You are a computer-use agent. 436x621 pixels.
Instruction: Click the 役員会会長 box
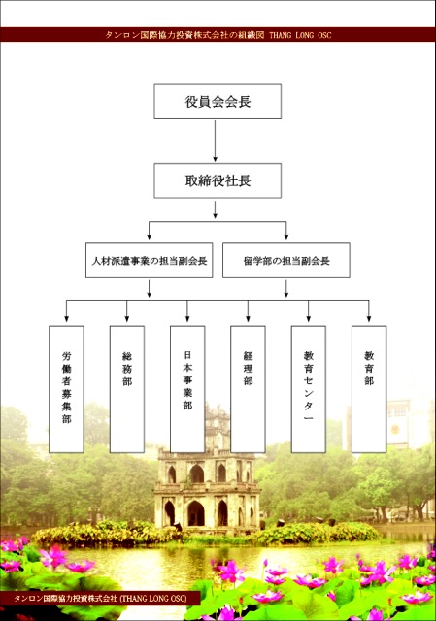(218, 101)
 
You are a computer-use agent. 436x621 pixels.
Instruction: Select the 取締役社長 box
(218, 180)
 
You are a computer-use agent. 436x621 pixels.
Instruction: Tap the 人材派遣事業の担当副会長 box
(149, 260)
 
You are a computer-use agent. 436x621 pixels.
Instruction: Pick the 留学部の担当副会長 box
(286, 260)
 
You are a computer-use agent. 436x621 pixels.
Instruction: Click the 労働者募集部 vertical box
(66, 389)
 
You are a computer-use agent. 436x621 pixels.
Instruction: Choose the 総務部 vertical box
(127, 389)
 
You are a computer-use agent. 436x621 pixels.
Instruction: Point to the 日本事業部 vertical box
(187, 389)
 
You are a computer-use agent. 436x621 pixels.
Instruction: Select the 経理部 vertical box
(248, 389)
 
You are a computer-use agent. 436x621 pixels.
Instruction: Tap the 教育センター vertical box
(309, 389)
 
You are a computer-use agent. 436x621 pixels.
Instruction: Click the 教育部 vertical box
(369, 389)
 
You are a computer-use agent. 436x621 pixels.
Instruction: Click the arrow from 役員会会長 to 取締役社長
(216, 141)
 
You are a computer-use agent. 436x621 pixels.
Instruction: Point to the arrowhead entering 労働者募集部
(66, 319)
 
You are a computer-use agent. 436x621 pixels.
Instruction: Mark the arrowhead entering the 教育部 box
(369, 319)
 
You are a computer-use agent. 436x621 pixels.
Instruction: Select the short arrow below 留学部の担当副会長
(286, 289)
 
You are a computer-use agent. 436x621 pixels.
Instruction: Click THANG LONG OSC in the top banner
(300, 35)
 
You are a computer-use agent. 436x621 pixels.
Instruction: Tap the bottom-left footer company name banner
(100, 598)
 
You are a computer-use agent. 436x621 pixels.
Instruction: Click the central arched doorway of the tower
(196, 513)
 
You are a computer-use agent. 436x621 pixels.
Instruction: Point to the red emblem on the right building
(395, 429)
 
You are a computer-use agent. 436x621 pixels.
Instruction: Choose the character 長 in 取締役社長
(245, 180)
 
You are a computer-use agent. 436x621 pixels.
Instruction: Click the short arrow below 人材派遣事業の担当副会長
(149, 289)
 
